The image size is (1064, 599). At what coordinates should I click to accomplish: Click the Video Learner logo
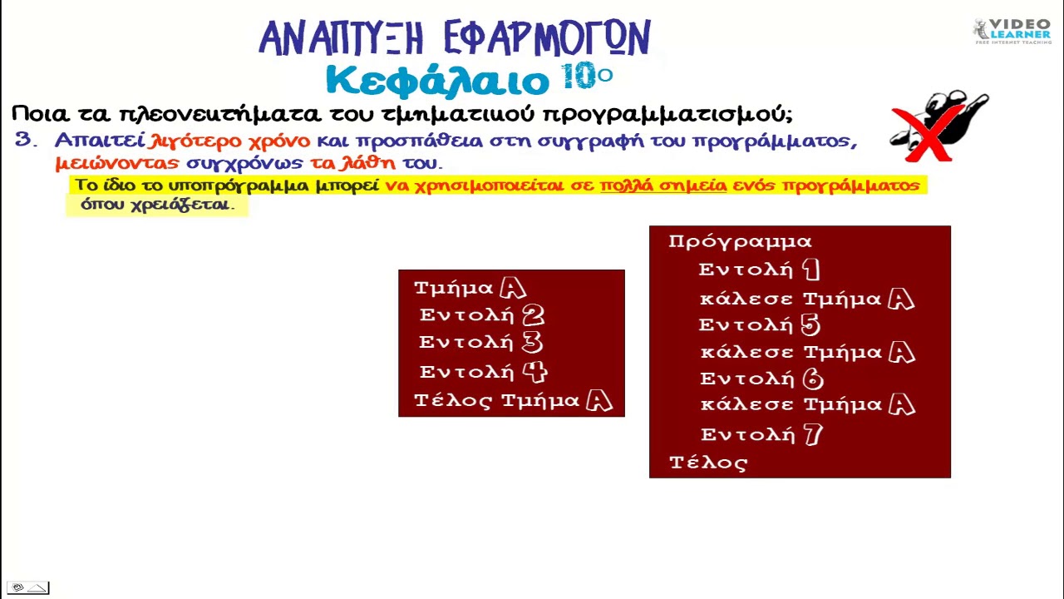click(1012, 31)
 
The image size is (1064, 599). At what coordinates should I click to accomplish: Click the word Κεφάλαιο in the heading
click(437, 82)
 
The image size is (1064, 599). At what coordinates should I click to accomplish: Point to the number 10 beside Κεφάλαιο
click(579, 76)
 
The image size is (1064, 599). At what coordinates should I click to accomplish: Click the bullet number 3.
click(25, 140)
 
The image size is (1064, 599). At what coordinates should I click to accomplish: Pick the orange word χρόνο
click(278, 141)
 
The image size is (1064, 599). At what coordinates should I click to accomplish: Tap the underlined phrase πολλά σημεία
click(663, 185)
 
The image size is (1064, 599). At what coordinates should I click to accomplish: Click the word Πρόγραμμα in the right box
click(740, 241)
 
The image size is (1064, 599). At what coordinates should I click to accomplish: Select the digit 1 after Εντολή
click(811, 269)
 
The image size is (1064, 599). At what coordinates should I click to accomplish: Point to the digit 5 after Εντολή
click(810, 324)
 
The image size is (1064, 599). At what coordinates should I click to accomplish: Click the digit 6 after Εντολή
click(813, 379)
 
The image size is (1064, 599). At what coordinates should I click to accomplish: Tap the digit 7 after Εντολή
click(813, 433)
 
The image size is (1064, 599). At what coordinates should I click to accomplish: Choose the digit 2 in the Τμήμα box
click(533, 315)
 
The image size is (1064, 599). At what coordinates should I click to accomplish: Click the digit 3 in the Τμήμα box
click(532, 343)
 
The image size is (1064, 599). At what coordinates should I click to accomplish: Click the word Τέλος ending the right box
click(708, 463)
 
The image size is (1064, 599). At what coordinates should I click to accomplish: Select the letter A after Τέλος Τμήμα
click(598, 401)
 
